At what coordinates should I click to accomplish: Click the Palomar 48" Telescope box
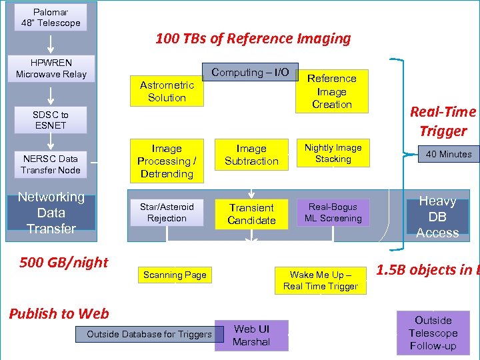51,17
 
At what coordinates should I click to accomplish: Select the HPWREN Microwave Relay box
51,69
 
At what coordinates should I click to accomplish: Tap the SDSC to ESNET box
51,120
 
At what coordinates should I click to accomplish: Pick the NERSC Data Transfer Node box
51,164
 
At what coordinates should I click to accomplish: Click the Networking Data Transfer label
51,213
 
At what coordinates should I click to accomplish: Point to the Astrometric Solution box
167,91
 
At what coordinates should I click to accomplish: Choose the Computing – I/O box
250,73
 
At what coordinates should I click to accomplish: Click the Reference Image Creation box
332,91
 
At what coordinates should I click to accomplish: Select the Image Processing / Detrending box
167,161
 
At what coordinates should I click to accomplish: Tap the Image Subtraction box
251,155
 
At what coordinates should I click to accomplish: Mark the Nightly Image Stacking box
333,153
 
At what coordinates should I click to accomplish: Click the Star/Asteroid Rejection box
167,213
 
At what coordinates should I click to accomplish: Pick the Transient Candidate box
251,214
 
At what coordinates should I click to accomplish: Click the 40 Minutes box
449,154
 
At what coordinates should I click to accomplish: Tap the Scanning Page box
175,275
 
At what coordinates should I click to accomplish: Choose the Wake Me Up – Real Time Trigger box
321,281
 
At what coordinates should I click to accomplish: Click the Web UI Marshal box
251,335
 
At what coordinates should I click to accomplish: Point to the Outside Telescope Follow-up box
433,333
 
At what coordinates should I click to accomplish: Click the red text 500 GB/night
64,262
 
